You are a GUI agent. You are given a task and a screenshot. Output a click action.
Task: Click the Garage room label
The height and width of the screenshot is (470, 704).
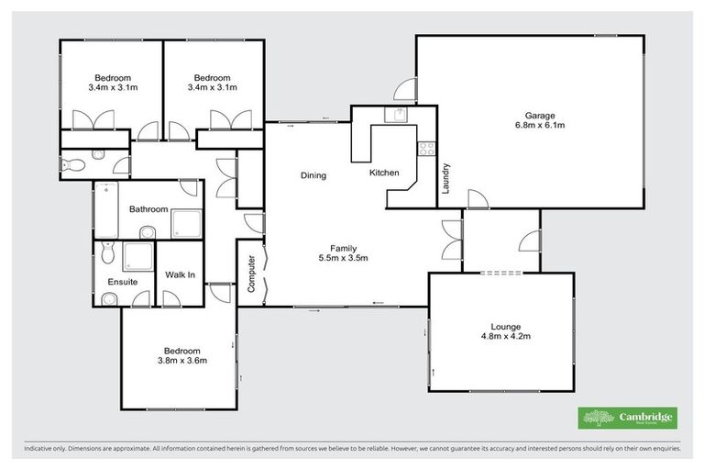point(540,116)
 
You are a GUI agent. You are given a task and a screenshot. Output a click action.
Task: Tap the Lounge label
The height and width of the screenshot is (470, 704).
point(505,327)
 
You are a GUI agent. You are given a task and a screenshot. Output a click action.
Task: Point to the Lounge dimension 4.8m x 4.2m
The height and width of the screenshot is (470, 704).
point(505,337)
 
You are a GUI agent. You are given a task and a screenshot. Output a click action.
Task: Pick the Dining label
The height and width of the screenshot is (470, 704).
point(313,175)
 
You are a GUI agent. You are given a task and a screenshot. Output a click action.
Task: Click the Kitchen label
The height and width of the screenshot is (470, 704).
point(384,173)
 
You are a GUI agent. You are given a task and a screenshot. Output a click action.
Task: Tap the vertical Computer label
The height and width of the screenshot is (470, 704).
point(251,272)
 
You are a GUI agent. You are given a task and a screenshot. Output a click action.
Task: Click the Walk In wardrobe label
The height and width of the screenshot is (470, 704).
point(179,274)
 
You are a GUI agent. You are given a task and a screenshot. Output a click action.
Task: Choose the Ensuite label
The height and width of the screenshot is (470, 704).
point(122,282)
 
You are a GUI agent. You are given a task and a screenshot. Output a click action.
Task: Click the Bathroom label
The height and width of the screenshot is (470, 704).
point(148,209)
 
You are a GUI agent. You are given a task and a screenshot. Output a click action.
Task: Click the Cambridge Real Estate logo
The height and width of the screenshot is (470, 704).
point(628,418)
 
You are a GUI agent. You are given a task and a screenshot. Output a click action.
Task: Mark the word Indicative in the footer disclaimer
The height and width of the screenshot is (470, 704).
point(40,449)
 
